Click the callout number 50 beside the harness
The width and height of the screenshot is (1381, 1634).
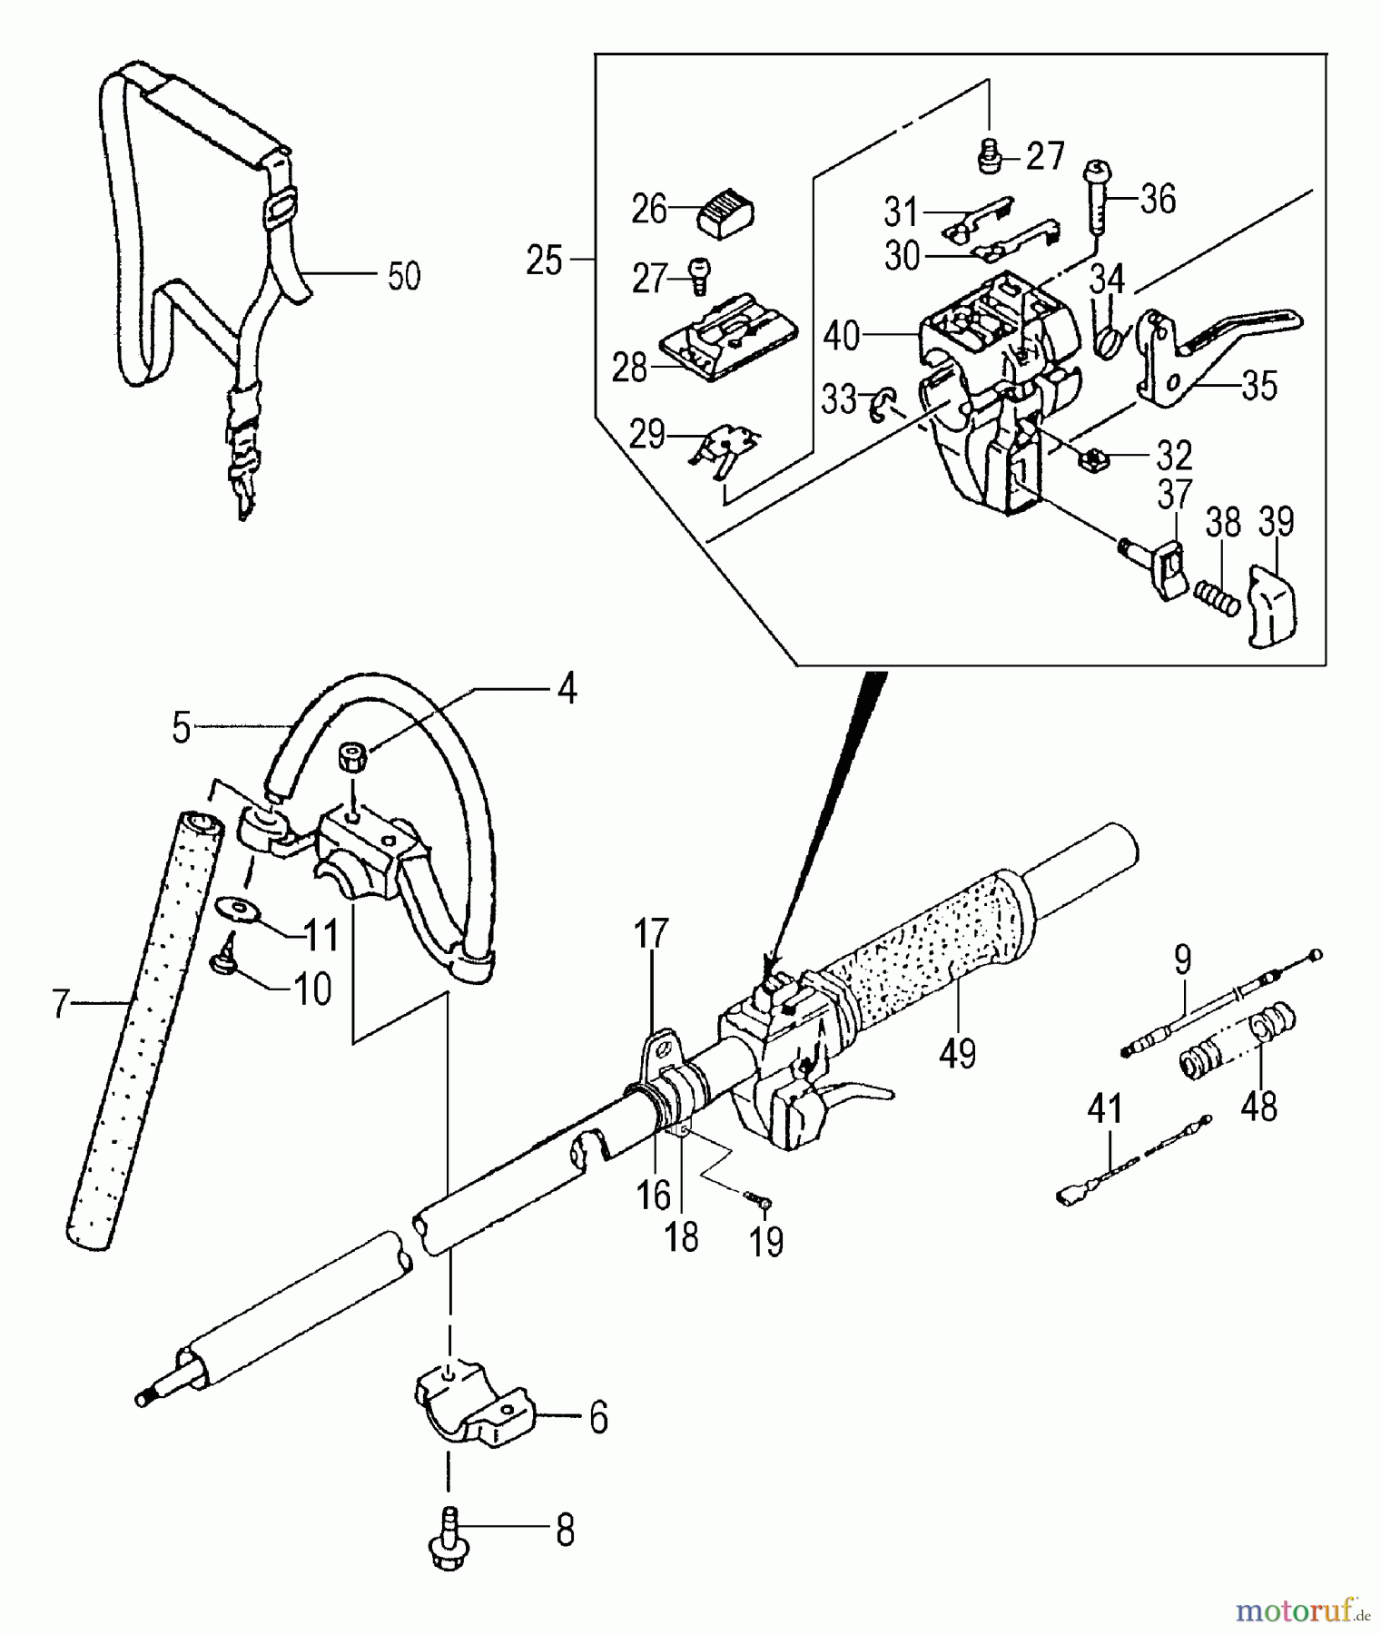[x=404, y=276]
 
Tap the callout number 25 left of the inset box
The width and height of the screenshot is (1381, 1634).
[x=545, y=261]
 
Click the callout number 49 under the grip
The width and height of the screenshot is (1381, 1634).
[x=959, y=1053]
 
